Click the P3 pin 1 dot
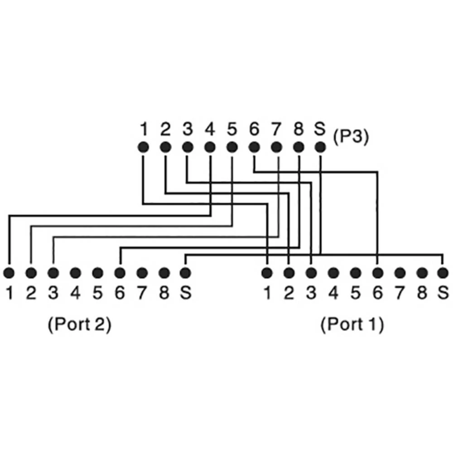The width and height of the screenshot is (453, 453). point(143,147)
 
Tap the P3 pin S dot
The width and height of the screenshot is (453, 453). point(320,147)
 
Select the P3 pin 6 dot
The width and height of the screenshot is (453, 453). point(254,147)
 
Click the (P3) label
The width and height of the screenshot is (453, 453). point(351,136)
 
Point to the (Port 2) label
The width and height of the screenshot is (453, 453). point(79,325)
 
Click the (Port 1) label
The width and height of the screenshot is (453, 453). point(352,325)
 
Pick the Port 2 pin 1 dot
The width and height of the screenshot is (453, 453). point(9,273)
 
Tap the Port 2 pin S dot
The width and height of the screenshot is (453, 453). point(185,273)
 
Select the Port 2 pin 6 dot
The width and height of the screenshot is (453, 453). point(120,273)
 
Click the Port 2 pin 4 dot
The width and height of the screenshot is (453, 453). point(76,273)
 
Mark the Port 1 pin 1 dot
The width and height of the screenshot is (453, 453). point(267,273)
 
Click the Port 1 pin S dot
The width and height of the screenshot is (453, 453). point(443,273)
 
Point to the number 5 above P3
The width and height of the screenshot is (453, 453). point(231,130)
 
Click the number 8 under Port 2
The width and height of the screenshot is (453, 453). point(164,293)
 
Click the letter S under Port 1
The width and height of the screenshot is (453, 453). point(443,293)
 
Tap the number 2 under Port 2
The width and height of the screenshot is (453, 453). point(31,293)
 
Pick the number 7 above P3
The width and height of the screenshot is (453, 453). point(276,130)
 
